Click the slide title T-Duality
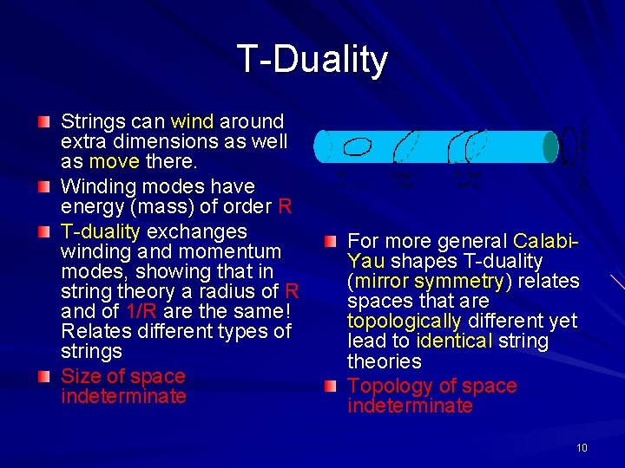click(312, 60)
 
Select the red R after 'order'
click(285, 206)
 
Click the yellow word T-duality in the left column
click(101, 231)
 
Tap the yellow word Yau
click(366, 261)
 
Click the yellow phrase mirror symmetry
click(431, 281)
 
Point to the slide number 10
click(581, 448)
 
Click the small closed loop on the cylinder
click(359, 146)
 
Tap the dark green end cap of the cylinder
click(550, 146)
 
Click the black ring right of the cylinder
click(570, 146)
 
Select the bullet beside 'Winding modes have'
click(44, 185)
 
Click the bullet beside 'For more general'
click(330, 240)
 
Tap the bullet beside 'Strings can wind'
click(44, 120)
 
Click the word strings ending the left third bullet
click(91, 351)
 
